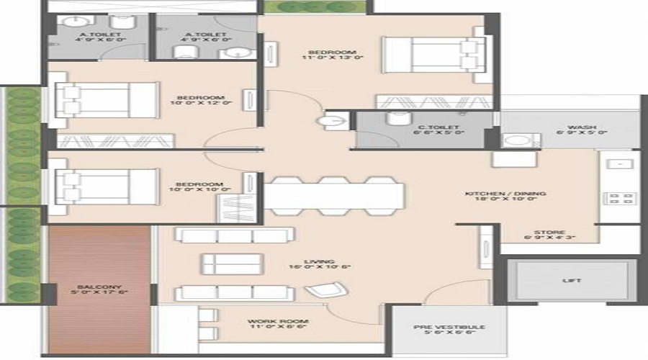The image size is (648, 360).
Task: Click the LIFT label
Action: (x=572, y=280)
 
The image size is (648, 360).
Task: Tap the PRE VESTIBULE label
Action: (x=449, y=327)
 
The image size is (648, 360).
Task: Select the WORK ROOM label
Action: (x=268, y=320)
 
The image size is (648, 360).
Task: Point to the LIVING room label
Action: (x=312, y=262)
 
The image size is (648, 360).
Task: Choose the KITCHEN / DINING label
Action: (x=515, y=194)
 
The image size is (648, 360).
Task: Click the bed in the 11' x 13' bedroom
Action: (x=429, y=53)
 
